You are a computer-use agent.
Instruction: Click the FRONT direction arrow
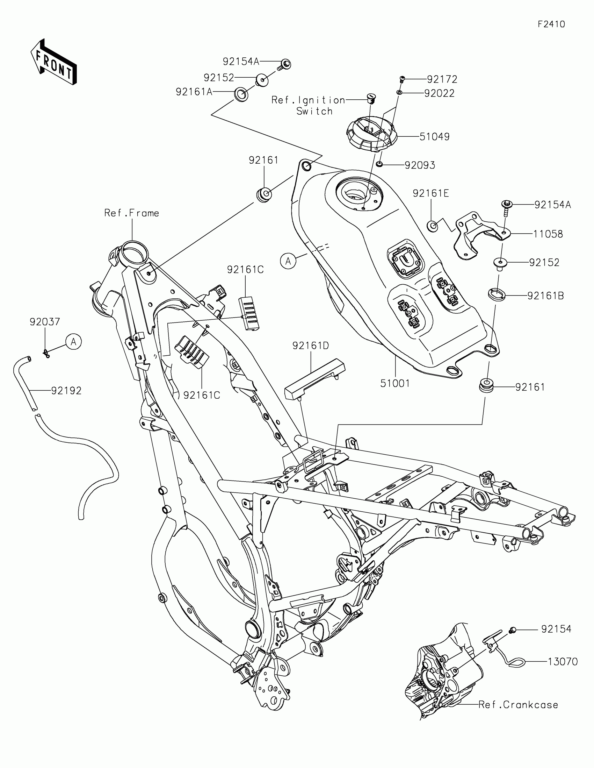click(54, 62)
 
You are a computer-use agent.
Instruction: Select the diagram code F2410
click(551, 24)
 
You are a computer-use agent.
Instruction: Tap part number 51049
click(435, 137)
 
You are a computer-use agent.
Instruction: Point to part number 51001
click(395, 383)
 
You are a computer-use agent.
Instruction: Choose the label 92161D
click(311, 346)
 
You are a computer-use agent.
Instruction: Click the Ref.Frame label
click(132, 213)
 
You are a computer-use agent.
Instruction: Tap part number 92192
click(66, 391)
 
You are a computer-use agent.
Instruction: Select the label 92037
click(45, 322)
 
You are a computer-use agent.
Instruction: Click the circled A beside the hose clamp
click(73, 342)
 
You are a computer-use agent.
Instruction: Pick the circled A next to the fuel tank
click(288, 261)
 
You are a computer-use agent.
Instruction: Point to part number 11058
click(548, 234)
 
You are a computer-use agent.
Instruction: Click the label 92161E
click(431, 193)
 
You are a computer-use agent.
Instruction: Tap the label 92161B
click(545, 296)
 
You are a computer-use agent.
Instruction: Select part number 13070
click(563, 662)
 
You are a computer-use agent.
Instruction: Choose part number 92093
click(420, 165)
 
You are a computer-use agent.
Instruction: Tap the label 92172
click(442, 79)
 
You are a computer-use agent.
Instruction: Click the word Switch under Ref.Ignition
click(314, 112)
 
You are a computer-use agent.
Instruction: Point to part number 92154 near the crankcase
click(556, 629)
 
